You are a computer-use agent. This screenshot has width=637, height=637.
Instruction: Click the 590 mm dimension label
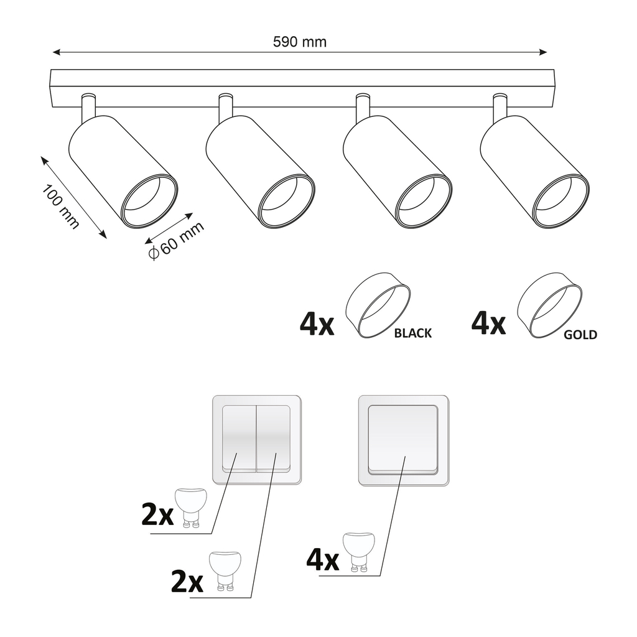coord(299,42)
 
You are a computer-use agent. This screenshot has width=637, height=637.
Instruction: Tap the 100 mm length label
coord(61,207)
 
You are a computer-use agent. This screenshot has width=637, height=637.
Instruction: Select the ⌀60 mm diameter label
coord(175,241)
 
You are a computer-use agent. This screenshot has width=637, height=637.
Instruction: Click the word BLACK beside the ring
coord(413,333)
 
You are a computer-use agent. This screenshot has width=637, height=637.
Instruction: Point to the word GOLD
coord(580,335)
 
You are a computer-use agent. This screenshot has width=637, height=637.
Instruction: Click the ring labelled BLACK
coord(378,305)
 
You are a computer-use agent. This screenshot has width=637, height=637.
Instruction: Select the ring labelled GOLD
coord(550,305)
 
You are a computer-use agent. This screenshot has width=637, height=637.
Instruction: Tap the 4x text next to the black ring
coord(317,324)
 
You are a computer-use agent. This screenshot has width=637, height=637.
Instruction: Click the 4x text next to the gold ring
coord(488,323)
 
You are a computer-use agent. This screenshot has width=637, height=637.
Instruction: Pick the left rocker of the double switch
coord(239,439)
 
